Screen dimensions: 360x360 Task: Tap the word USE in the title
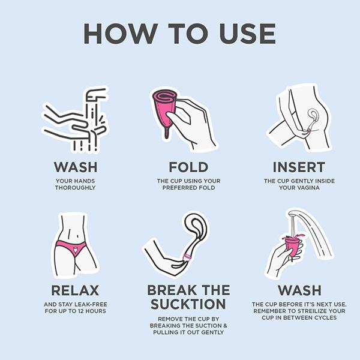[247, 34]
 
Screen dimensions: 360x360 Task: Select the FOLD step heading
[188, 167]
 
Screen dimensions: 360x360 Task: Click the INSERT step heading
[299, 167]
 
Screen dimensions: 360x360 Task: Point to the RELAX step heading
[75, 290]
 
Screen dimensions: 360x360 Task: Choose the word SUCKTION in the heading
[188, 304]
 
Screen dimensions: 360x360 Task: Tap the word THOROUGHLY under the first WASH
[76, 188]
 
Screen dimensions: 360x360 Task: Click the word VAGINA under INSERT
[307, 188]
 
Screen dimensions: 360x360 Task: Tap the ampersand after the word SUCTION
[225, 326]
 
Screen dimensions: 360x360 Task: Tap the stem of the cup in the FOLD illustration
[167, 134]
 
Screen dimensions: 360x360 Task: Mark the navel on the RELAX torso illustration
[77, 236]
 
